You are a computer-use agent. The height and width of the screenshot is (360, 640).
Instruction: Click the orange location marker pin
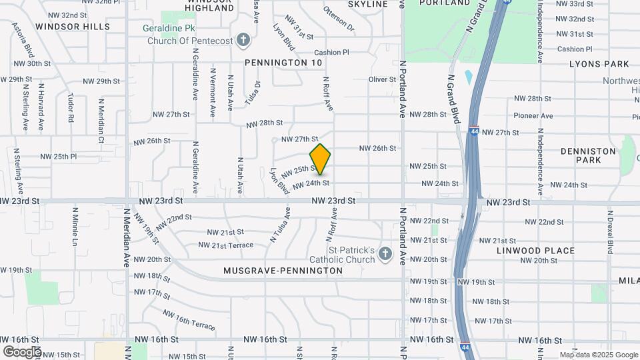pyautogui.click(x=320, y=159)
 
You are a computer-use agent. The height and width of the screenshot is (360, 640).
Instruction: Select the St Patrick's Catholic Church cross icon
pyautogui.click(x=384, y=253)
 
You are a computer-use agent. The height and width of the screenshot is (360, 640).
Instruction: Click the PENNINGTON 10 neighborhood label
pyautogui.click(x=283, y=62)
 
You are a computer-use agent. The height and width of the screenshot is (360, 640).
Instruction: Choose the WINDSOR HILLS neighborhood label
pyautogui.click(x=73, y=27)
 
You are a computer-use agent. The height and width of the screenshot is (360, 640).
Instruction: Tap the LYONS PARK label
pyautogui.click(x=599, y=64)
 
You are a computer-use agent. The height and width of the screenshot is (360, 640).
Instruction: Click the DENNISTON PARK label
pyautogui.click(x=588, y=156)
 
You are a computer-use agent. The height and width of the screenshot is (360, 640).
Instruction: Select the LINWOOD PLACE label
pyautogui.click(x=535, y=251)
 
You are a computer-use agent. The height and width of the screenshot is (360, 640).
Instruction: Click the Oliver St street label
pyautogui.click(x=383, y=79)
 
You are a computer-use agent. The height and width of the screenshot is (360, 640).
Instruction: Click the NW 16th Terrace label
pyautogui.click(x=189, y=320)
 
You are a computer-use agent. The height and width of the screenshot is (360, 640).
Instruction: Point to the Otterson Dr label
pyautogui.click(x=339, y=18)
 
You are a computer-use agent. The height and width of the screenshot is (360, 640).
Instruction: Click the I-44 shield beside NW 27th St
pyautogui.click(x=473, y=131)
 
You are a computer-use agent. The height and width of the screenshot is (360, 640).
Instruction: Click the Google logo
pyautogui.click(x=21, y=351)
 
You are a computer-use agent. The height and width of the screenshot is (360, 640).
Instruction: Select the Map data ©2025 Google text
pyautogui.click(x=598, y=355)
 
